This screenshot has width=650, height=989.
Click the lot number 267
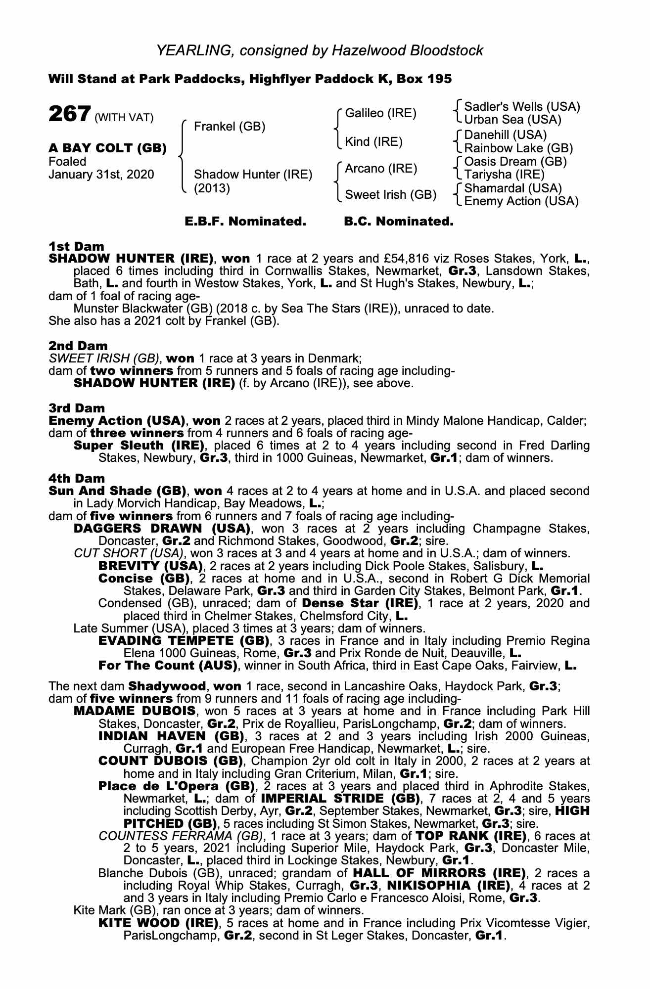pyautogui.click(x=69, y=114)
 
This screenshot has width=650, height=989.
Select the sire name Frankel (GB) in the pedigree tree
pyautogui.click(x=230, y=127)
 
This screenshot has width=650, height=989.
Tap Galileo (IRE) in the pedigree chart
pyautogui.click(x=380, y=113)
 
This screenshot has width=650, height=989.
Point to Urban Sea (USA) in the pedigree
pyautogui.click(x=513, y=120)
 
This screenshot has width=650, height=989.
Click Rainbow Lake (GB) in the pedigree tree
pyautogui.click(x=518, y=148)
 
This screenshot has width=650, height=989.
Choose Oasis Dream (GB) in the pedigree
pyautogui.click(x=515, y=162)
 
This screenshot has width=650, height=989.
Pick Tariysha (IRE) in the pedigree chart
pyautogui.click(x=504, y=175)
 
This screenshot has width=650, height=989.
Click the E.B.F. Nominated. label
pyautogui.click(x=245, y=222)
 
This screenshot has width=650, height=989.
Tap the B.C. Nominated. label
pyautogui.click(x=398, y=222)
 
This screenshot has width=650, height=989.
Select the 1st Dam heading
pyautogui.click(x=76, y=246)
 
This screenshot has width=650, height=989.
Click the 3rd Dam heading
pyautogui.click(x=77, y=408)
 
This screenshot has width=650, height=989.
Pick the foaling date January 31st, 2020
pyautogui.click(x=101, y=175)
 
